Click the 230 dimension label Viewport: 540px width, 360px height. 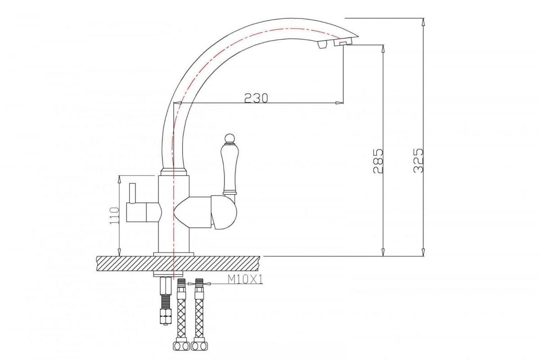click(256, 98)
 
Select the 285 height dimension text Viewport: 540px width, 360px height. click(378, 161)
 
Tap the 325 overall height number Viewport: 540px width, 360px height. click(418, 160)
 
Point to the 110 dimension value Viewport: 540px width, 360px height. click(114, 215)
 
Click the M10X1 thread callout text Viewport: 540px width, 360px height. click(245, 280)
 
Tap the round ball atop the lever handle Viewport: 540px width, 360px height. click(229, 139)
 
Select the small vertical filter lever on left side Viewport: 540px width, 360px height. click(132, 193)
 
